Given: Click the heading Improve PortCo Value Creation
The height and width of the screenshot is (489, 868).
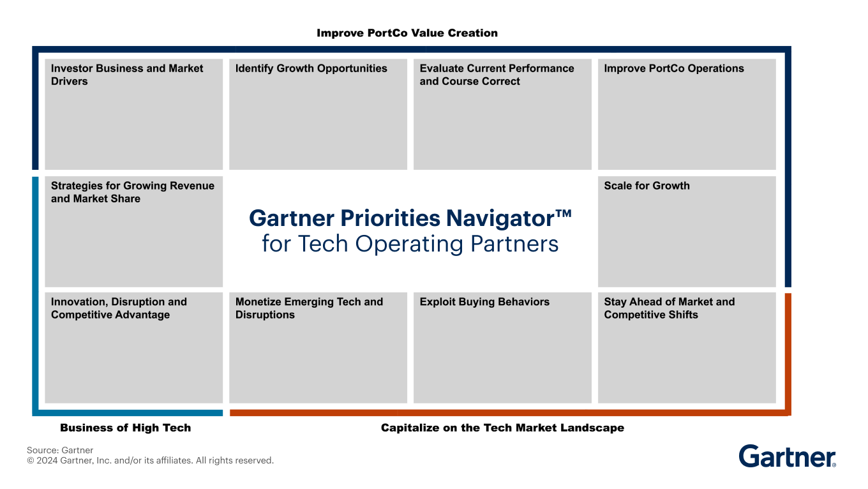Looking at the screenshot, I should (x=407, y=33).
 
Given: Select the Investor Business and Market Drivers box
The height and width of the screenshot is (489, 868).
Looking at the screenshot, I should (x=133, y=114).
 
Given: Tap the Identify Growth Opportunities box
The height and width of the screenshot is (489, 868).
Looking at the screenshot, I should (x=318, y=114).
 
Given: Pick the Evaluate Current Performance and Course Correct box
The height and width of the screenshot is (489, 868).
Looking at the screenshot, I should (x=502, y=114).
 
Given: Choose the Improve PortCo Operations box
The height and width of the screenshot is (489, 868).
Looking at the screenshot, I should (x=687, y=114).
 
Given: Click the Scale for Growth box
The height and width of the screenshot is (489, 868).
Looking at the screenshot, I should (x=687, y=231).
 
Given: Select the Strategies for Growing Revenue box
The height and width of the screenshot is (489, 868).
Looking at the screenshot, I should (x=133, y=231).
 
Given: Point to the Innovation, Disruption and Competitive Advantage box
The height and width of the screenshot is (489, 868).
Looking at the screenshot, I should (x=133, y=348).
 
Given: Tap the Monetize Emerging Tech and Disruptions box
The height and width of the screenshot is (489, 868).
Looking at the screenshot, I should (x=318, y=348).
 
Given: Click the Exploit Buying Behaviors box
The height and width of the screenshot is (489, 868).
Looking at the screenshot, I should (x=502, y=348).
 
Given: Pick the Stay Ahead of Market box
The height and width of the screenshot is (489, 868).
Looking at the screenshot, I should (x=687, y=348).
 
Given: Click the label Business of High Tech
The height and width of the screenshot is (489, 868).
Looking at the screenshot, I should (x=125, y=428).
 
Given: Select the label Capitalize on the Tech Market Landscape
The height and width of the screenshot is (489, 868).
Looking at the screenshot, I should (x=502, y=428).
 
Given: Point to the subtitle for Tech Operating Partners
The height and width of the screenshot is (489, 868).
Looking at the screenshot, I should (x=410, y=244).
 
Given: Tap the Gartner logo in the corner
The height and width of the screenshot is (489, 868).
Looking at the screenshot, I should (x=787, y=456).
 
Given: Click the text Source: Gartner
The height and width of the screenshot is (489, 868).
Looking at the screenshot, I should (x=60, y=450).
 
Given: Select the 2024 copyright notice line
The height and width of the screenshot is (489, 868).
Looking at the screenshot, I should (x=150, y=460).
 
